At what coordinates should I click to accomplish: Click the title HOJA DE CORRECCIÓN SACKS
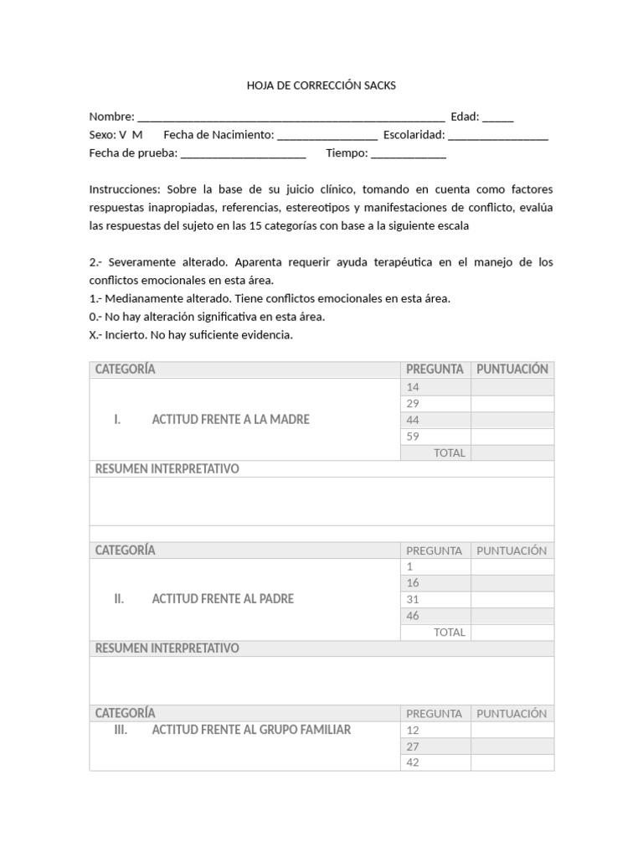321,85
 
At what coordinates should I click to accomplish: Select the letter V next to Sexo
123,135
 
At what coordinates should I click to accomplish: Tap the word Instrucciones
124,189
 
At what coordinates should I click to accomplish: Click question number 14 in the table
413,387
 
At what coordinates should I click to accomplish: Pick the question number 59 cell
413,437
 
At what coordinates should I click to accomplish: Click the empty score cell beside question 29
512,404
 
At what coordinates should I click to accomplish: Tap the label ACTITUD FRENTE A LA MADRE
230,420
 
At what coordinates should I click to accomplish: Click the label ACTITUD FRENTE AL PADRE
223,599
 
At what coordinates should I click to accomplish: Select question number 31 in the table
413,599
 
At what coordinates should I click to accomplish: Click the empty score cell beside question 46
512,616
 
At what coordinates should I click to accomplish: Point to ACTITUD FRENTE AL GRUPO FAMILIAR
251,730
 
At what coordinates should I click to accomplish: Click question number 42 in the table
413,762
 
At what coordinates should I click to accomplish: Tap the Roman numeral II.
119,599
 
